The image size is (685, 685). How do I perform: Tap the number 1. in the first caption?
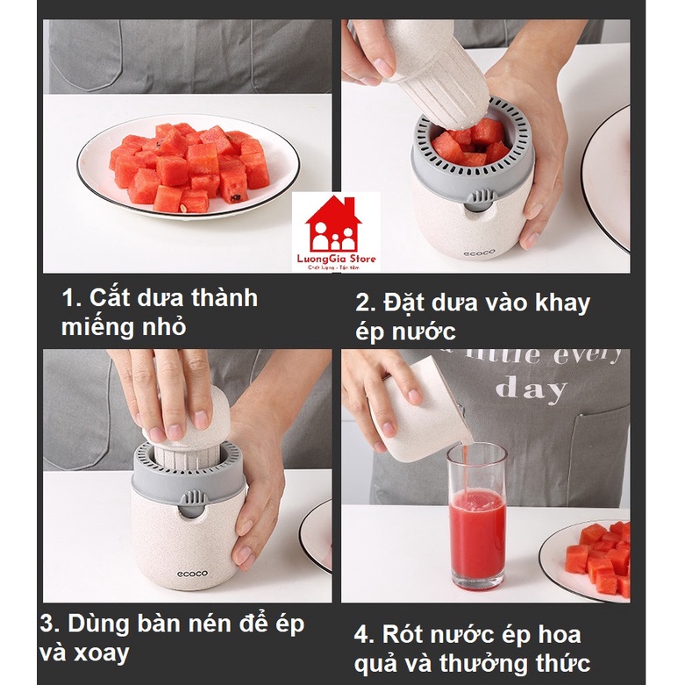71,298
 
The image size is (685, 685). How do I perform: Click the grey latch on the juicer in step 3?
190,503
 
